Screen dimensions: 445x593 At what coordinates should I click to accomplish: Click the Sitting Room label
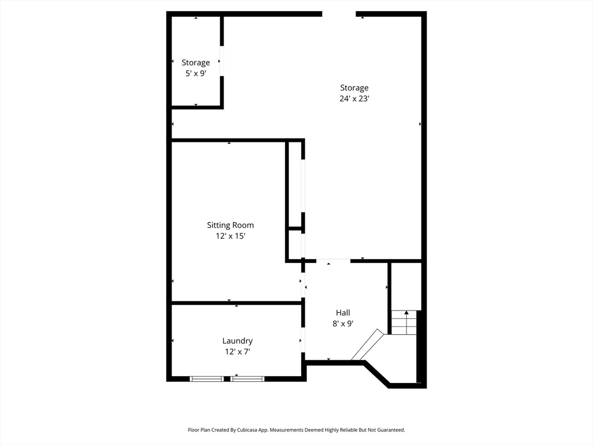tap(230, 225)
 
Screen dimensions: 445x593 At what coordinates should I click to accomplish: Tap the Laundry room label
tap(237, 341)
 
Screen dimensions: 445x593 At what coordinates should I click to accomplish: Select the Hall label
tap(343, 313)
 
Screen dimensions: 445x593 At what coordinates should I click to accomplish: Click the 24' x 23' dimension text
tap(354, 99)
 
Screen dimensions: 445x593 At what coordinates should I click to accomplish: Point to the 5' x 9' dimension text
tap(196, 73)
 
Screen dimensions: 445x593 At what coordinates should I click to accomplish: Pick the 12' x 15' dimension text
tap(230, 236)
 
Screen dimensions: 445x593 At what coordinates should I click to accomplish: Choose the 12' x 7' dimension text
tap(237, 352)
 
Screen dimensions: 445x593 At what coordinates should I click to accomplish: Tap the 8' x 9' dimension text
tap(343, 323)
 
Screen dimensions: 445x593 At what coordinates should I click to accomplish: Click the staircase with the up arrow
tap(404, 323)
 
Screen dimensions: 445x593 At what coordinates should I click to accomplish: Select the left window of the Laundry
tap(207, 379)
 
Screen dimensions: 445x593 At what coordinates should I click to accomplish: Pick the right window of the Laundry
tap(248, 379)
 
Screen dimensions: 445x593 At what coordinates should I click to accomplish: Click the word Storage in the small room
tap(196, 63)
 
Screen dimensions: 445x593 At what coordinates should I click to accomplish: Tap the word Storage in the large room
tap(354, 88)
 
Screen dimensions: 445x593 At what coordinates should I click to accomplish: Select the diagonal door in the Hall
tap(367, 345)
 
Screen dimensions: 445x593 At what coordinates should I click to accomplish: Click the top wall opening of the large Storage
tap(339, 14)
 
